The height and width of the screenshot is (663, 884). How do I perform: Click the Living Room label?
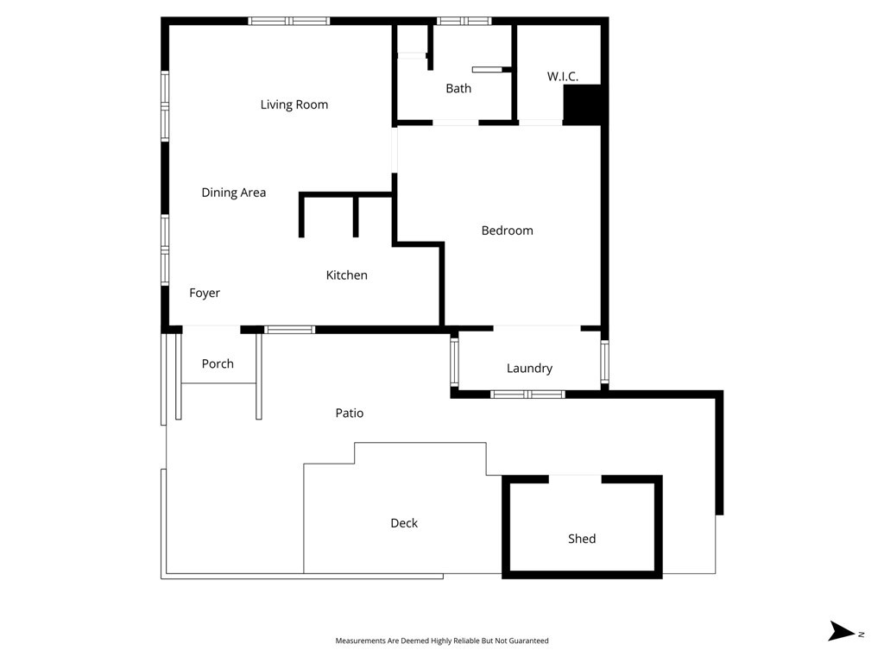point(294,104)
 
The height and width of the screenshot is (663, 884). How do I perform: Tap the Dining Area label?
point(233,193)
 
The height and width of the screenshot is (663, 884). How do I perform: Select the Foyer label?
point(205,293)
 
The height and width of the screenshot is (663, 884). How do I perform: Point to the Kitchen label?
point(346,275)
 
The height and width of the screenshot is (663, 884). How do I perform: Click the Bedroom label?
point(507,230)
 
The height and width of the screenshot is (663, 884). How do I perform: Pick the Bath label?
point(458,88)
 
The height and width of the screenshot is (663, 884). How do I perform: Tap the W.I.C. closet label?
point(562,77)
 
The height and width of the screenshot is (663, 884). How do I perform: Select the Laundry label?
point(529,368)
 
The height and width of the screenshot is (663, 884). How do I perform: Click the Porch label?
point(218,363)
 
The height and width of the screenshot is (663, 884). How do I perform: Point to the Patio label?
point(350,413)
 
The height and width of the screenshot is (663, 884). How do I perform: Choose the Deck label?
point(404,522)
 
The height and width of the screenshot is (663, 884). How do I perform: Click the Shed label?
point(582,538)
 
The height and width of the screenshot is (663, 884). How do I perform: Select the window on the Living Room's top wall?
point(289,21)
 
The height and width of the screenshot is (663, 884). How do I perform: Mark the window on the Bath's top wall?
point(464,21)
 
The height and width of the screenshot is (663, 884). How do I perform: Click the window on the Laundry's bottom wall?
point(527,395)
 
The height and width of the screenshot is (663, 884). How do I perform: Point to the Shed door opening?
point(575,478)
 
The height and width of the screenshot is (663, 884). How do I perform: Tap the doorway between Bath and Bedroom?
point(455,123)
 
